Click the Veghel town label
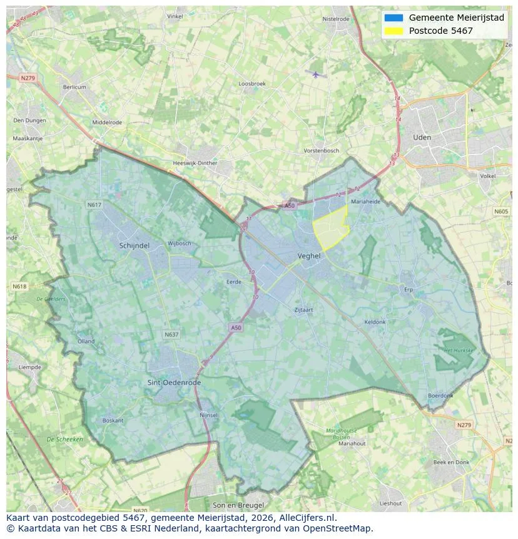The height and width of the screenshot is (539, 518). click(309, 256)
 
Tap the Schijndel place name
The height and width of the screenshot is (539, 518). click(134, 246)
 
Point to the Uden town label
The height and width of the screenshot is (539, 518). click(422, 137)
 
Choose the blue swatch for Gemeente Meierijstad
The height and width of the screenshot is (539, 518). click(394, 18)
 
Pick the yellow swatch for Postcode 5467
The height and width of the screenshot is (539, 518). click(394, 31)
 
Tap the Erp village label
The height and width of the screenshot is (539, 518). click(409, 290)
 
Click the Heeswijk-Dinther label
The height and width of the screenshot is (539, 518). click(195, 163)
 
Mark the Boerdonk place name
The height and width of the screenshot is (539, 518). click(440, 396)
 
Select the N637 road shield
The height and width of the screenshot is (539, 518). click(171, 335)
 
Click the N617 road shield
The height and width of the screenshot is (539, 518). click(94, 205)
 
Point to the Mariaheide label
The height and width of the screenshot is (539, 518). click(366, 202)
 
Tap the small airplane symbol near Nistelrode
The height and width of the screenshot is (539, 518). click(316, 74)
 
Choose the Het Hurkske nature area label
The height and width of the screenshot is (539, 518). click(459, 351)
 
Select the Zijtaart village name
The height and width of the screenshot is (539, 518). click(304, 310)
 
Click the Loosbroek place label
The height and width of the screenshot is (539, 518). click(252, 84)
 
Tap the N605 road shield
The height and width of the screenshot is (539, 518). click(501, 212)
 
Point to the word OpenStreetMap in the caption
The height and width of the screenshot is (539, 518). click(338, 528)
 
